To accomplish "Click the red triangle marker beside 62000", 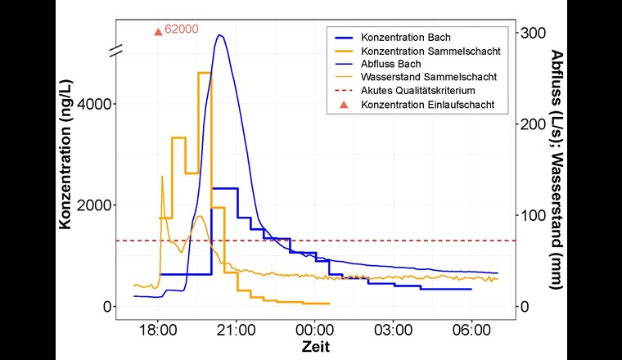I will pyautogui.click(x=158, y=31).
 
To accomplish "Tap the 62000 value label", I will pyautogui.click(x=182, y=29).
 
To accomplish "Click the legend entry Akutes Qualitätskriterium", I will pyautogui.click(x=418, y=91).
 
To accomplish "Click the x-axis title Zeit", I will pyautogui.click(x=315, y=347).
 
